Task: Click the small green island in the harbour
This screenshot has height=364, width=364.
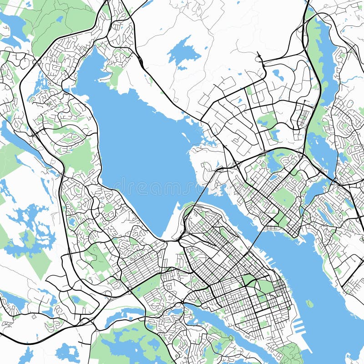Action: click(309, 303)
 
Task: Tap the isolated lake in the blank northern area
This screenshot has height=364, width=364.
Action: click(183, 53)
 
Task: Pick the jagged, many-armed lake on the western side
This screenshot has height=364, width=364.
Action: click(30, 227)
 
